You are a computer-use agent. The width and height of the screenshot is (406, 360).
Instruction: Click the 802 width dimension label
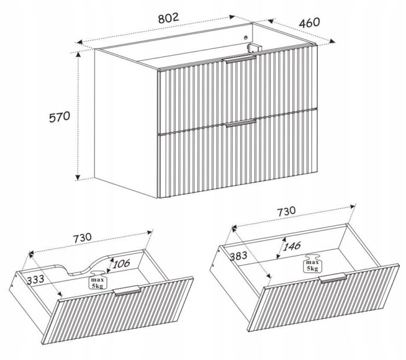click(169, 18)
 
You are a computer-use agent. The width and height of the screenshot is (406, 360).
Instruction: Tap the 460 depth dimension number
click(309, 23)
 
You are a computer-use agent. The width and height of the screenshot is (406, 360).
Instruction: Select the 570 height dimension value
click(60, 117)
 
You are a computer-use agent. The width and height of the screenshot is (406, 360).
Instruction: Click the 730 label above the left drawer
click(82, 238)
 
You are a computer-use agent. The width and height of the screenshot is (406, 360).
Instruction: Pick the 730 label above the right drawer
click(287, 211)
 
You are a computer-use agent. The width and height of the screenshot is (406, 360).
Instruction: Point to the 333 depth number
click(35, 280)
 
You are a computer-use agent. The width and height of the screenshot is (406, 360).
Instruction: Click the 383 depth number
click(238, 256)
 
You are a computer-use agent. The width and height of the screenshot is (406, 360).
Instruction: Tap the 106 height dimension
click(121, 264)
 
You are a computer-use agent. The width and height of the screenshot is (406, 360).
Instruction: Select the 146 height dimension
click(292, 246)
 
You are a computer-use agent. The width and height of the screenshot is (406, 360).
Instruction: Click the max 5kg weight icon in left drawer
click(97, 280)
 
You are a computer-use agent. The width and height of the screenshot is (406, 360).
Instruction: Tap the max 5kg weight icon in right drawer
click(312, 264)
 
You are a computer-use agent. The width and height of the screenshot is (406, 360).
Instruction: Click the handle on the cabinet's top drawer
click(240, 59)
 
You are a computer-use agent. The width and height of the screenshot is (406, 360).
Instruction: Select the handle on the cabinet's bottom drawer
click(241, 123)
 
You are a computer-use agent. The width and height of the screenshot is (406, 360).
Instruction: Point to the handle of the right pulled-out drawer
click(333, 278)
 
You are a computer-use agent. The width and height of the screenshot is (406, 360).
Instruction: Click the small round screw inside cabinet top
click(246, 37)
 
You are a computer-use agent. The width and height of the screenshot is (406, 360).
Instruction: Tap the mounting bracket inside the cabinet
click(254, 48)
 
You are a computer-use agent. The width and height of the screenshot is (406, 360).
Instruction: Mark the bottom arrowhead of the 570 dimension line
click(77, 177)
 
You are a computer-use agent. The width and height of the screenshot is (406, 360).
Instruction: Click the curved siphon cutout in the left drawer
click(85, 267)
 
